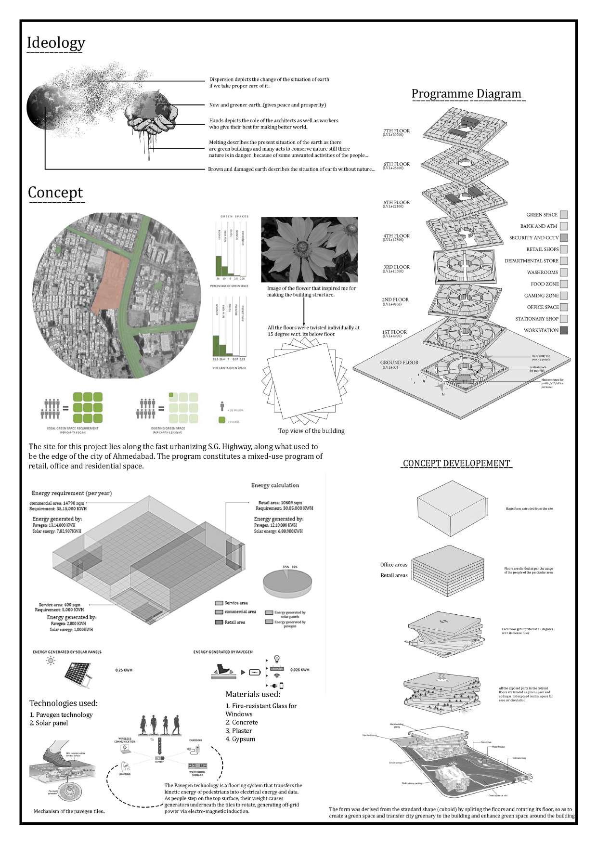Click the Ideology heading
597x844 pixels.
point(56,43)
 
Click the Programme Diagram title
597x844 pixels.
point(466,94)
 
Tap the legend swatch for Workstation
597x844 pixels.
point(564,330)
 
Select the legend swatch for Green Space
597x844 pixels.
point(564,215)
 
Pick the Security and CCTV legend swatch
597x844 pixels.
point(564,238)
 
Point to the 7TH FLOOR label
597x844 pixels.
point(396,131)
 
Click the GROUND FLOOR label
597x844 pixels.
point(399,363)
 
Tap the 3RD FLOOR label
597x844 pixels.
point(396,267)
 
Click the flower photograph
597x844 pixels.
point(309,249)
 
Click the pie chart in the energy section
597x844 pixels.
point(287,583)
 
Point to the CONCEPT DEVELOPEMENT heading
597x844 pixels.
point(456,464)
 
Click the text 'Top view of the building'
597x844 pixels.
point(311,431)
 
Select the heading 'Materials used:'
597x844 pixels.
point(253,694)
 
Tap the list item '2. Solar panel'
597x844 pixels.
point(49,723)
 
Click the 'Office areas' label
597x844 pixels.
point(393,565)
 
